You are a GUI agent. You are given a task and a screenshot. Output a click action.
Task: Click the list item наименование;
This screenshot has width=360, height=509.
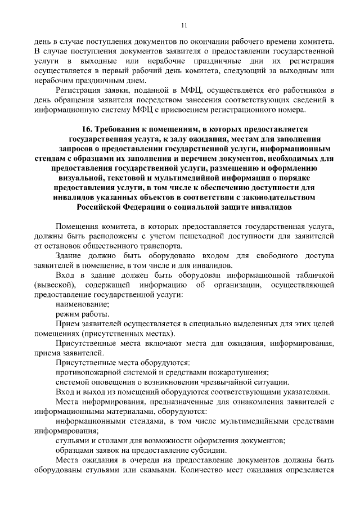[x=82, y=304]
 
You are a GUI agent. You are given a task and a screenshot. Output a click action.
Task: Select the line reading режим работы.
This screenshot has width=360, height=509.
[x=82, y=313]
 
